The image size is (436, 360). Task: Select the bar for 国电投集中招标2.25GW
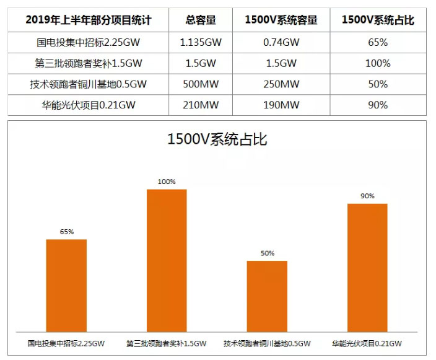(66, 284)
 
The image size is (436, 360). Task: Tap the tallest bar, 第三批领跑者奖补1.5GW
(167, 260)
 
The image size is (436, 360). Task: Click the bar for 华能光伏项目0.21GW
(367, 266)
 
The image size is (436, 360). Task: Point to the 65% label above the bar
(67, 232)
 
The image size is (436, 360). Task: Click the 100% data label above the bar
(167, 182)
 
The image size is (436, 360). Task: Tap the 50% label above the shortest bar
(268, 253)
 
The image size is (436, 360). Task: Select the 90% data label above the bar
(367, 196)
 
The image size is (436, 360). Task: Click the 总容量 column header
(201, 20)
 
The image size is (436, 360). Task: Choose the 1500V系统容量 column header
(281, 20)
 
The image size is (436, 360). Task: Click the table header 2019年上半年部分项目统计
(89, 20)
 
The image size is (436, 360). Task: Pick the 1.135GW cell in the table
(201, 43)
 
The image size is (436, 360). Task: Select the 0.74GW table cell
(281, 43)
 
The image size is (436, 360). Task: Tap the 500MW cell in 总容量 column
(201, 84)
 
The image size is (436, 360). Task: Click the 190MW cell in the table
(281, 105)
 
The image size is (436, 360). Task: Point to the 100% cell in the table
(378, 63)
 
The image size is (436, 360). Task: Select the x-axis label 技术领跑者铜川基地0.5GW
(267, 343)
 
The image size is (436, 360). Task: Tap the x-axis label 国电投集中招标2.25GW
(66, 343)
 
